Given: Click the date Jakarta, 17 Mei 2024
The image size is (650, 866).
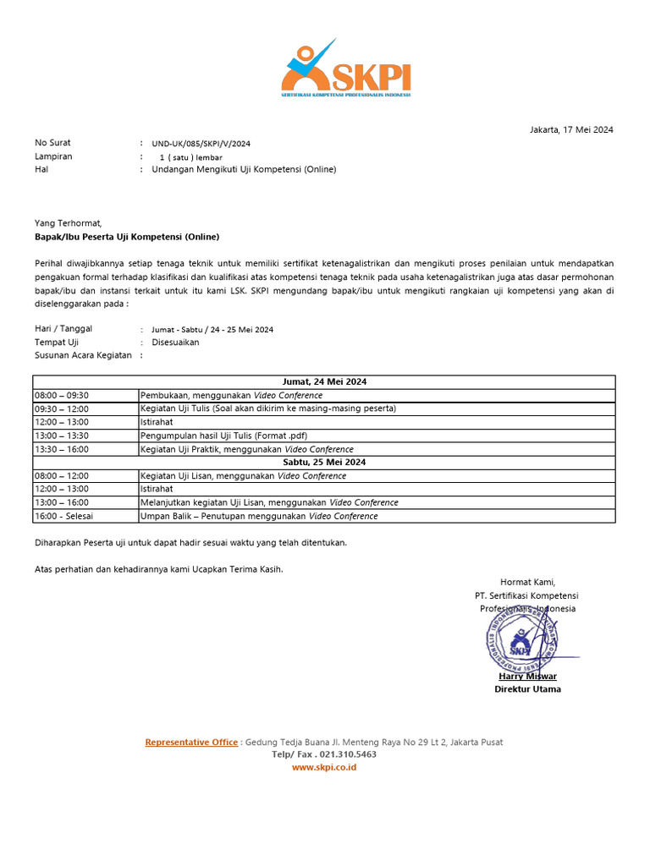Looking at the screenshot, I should (571, 129).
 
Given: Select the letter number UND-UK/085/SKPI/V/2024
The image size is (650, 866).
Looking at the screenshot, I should (201, 144).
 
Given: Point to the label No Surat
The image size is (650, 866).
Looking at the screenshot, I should (52, 143).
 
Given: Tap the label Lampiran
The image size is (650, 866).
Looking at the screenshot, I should (53, 156).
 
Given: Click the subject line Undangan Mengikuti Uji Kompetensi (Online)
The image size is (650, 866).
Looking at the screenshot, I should (244, 169).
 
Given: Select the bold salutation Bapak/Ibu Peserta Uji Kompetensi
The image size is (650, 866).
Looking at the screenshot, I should (126, 237).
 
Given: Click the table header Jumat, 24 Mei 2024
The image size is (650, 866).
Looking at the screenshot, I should (324, 381).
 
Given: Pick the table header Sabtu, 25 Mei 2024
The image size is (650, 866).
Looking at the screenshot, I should (324, 463).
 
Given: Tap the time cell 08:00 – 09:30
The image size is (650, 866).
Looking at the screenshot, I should (62, 395).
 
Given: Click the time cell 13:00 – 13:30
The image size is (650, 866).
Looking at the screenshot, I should (62, 436).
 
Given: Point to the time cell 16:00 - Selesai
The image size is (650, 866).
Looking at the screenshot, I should (64, 516).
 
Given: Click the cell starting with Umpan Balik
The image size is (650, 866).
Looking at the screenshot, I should (259, 516).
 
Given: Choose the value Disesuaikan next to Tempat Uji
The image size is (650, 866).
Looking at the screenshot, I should (175, 343).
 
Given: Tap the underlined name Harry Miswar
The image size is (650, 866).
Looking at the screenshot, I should (527, 677).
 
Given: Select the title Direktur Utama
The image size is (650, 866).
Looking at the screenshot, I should (527, 689).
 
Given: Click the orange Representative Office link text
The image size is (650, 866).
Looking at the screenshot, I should (191, 743).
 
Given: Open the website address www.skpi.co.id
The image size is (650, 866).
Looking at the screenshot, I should (324, 767).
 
